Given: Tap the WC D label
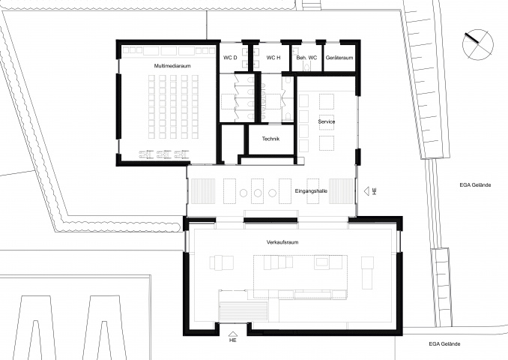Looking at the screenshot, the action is [x=230, y=58].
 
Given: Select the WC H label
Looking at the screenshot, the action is [x=273, y=58].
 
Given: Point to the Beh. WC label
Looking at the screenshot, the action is [x=306, y=58].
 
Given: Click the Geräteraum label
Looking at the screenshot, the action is [x=339, y=58].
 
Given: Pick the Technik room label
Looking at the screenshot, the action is [x=270, y=139].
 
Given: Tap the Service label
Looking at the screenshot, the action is [x=327, y=121].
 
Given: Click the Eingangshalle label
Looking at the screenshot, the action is [x=311, y=191].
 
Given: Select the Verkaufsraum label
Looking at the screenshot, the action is [x=282, y=242].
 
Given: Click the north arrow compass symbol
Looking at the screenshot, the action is [x=478, y=45].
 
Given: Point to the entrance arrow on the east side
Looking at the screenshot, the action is [x=366, y=191].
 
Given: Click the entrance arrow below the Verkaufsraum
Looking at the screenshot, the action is [x=232, y=334].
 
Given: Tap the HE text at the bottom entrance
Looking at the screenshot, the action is [x=232, y=340].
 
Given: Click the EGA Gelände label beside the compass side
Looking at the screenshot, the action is [x=475, y=185].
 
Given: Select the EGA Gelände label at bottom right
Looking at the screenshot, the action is [x=444, y=344].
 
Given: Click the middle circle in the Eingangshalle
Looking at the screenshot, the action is [x=258, y=193].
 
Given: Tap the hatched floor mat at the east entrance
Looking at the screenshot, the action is [x=341, y=191].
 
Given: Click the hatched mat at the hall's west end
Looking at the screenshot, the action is [x=202, y=191].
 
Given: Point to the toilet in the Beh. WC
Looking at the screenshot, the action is [x=306, y=67].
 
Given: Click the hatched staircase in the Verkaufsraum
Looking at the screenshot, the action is [x=244, y=311].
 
